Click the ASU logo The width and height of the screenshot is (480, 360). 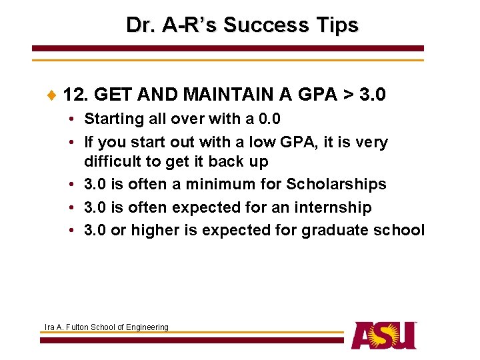(x=384, y=335)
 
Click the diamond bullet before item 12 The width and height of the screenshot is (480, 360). (x=53, y=95)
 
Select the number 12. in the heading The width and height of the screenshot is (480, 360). (x=77, y=95)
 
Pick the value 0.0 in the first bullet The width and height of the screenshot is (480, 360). (x=269, y=119)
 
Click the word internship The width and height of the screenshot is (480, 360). (x=332, y=207)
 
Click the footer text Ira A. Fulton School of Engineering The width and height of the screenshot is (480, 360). (x=106, y=327)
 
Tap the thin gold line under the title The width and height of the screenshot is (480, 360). (x=227, y=61)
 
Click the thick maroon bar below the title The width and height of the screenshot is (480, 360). (x=227, y=49)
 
